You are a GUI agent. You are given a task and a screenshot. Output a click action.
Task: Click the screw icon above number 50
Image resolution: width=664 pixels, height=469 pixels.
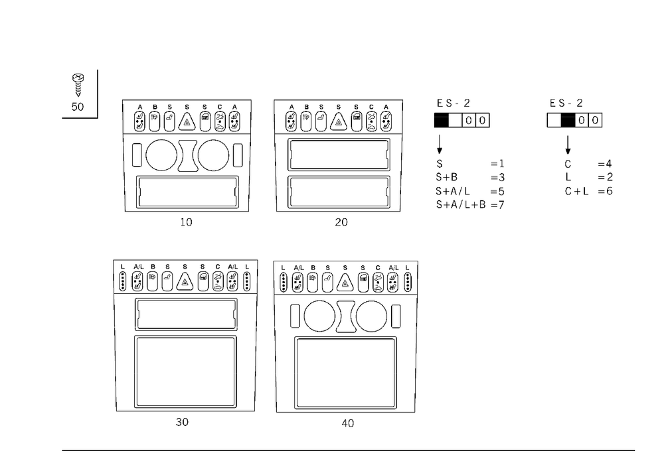[x=78, y=85]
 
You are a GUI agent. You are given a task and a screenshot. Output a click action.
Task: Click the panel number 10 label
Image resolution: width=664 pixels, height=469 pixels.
[x=186, y=222]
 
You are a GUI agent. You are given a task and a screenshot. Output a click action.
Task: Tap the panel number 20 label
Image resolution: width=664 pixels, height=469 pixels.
[x=341, y=222]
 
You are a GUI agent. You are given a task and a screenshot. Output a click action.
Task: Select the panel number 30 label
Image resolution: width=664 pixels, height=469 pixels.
[x=182, y=422]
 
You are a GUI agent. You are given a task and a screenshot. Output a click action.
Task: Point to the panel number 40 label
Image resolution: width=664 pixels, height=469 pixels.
[x=348, y=423]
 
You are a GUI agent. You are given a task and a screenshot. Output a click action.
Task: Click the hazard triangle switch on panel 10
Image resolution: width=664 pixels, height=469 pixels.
[x=187, y=122]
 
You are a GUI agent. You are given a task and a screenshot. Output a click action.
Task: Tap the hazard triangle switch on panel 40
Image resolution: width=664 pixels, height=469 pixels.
[x=345, y=283]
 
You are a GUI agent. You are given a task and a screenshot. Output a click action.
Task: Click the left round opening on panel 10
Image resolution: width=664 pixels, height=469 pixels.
[x=161, y=155]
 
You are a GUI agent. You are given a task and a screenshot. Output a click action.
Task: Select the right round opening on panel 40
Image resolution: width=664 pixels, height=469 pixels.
[x=371, y=316]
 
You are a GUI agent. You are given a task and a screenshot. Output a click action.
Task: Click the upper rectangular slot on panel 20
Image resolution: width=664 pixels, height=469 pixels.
[x=339, y=155]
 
